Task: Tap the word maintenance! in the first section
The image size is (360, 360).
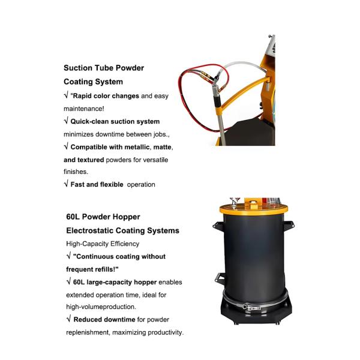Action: pos(84,109)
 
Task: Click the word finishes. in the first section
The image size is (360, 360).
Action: pos(76,172)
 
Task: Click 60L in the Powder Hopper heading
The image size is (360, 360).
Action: pos(73,217)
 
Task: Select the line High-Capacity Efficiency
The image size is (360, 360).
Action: pos(103,244)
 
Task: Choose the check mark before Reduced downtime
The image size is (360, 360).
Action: pos(68,319)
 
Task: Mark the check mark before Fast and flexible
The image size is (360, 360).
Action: pos(66,184)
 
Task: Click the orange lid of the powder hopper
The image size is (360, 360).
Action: pos(253,209)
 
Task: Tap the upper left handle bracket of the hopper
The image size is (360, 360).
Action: pos(218,224)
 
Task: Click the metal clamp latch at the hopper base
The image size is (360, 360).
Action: pos(251,307)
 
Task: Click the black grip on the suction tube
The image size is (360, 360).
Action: pos(217,101)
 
